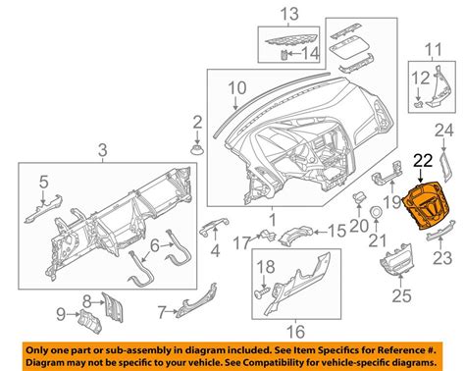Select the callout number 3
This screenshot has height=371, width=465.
[x=103, y=150]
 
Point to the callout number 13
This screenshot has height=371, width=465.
[x=287, y=15]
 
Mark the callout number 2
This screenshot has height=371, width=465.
[x=197, y=123]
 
